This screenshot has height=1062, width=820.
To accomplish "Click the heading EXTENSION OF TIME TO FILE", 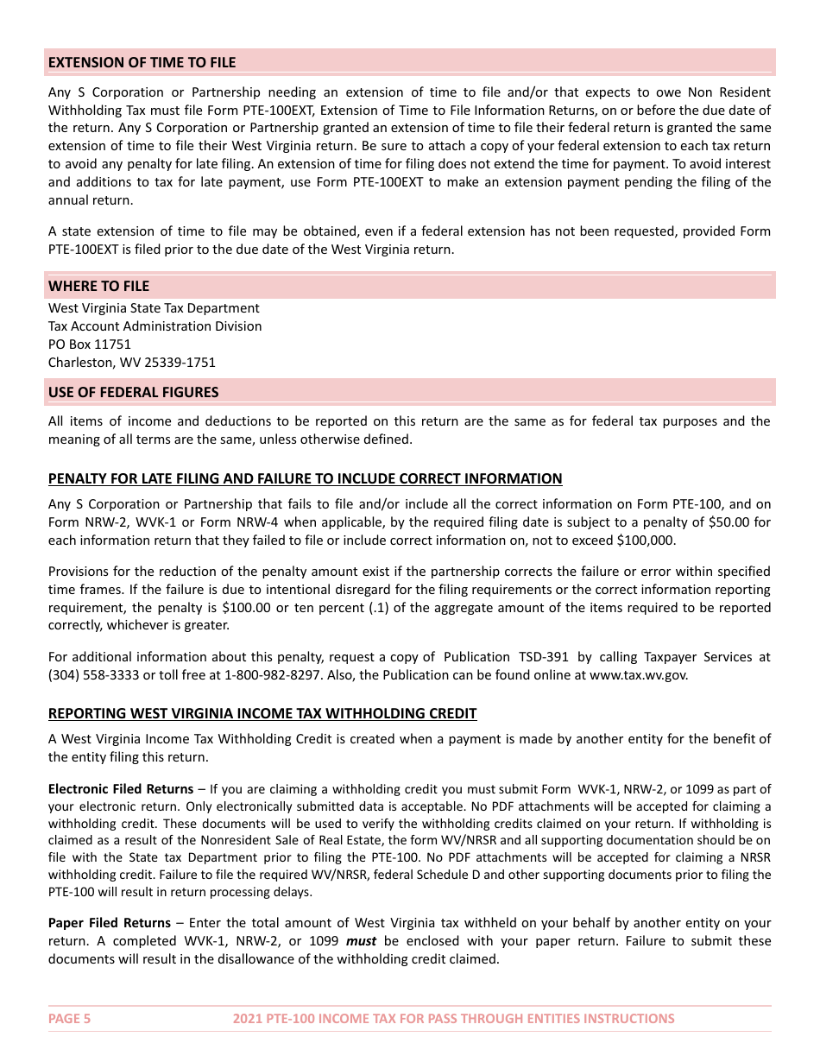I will point(142,62).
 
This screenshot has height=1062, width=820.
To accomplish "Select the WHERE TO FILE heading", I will point(98,286).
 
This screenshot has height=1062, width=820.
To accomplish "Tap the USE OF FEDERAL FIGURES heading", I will point(133,392).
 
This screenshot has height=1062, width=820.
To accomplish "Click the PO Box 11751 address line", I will point(90,345).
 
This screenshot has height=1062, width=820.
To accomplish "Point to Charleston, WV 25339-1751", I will point(131,363).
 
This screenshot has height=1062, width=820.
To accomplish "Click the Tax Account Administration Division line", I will point(155,326).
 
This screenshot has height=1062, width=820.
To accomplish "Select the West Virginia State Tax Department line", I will point(154,308).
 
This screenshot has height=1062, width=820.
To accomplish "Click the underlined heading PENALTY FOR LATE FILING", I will point(305,478).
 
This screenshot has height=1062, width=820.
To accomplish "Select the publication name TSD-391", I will point(542,657).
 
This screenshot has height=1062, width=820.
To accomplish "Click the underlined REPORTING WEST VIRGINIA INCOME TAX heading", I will point(262,713).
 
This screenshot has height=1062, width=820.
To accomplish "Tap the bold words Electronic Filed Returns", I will point(120,789).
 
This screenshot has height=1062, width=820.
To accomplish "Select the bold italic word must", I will point(361,941).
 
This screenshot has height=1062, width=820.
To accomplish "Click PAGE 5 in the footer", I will point(69,1018).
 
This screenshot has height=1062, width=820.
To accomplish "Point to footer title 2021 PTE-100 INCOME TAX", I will point(453,1018).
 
